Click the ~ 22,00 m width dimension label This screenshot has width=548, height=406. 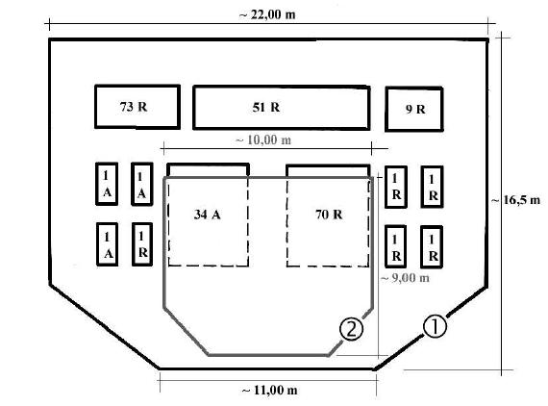(x=267, y=15)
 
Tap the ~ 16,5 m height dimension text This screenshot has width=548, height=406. (x=515, y=200)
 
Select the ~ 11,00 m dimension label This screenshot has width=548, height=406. (x=269, y=390)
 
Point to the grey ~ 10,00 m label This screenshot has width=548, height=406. (x=263, y=140)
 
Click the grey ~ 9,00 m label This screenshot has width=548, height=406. (x=405, y=278)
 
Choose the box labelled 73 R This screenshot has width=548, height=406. (x=137, y=107)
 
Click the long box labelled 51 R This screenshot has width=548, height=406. (x=282, y=108)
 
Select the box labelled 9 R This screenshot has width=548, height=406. (x=414, y=109)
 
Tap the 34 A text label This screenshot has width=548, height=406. (x=208, y=215)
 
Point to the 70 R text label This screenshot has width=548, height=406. (x=329, y=215)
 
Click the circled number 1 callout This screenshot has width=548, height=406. (x=435, y=326)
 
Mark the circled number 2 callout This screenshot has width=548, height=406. (x=351, y=329)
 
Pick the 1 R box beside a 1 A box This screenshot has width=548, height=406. (x=142, y=244)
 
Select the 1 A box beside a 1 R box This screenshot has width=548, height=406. (x=107, y=244)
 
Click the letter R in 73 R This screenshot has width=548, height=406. (x=142, y=107)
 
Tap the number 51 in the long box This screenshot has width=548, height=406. (x=259, y=108)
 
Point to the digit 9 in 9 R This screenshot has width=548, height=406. (x=409, y=110)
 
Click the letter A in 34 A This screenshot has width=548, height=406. (x=215, y=215)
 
